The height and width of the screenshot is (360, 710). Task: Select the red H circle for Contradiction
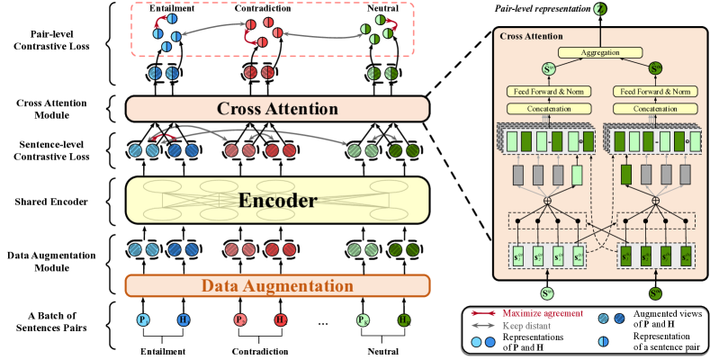click(x=280, y=321)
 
